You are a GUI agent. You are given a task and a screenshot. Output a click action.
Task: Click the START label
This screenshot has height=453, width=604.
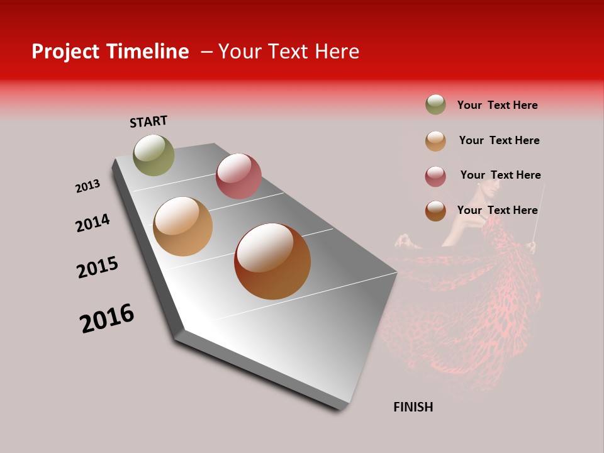click(148, 121)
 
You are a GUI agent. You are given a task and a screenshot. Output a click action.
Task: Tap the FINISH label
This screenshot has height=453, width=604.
click(413, 407)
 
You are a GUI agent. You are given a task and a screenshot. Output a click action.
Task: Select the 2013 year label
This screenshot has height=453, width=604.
click(88, 186)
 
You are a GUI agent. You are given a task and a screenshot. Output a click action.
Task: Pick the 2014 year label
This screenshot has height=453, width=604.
click(93, 223)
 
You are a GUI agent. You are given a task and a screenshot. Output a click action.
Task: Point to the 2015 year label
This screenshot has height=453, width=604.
click(98, 267)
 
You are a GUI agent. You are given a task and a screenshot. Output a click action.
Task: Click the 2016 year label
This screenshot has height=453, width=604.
click(107, 318)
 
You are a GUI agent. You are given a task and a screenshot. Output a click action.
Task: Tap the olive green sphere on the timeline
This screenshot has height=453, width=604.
click(154, 155)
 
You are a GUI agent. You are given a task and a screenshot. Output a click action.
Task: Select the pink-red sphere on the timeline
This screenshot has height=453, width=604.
click(238, 176)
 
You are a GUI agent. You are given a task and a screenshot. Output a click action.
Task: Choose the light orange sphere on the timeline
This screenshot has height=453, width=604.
click(182, 226)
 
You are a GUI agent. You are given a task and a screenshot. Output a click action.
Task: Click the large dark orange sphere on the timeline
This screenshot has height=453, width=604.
click(272, 261)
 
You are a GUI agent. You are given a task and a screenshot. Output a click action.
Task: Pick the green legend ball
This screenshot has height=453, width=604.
click(435, 104)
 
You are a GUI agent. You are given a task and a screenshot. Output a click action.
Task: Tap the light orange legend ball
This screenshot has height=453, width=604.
click(435, 141)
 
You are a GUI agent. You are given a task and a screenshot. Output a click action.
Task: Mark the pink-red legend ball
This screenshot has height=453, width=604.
click(435, 176)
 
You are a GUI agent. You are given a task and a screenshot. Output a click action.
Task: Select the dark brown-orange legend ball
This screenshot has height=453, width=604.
click(435, 211)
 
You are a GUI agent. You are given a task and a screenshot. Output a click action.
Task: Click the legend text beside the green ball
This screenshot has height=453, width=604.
click(497, 105)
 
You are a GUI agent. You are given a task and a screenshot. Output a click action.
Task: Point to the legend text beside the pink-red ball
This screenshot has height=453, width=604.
click(500, 175)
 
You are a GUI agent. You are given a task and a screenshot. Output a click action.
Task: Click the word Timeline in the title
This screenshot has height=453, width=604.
click(149, 52)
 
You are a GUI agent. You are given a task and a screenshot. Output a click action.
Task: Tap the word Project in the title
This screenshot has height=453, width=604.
click(65, 52)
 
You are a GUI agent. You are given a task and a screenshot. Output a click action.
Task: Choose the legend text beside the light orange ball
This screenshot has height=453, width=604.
click(499, 140)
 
